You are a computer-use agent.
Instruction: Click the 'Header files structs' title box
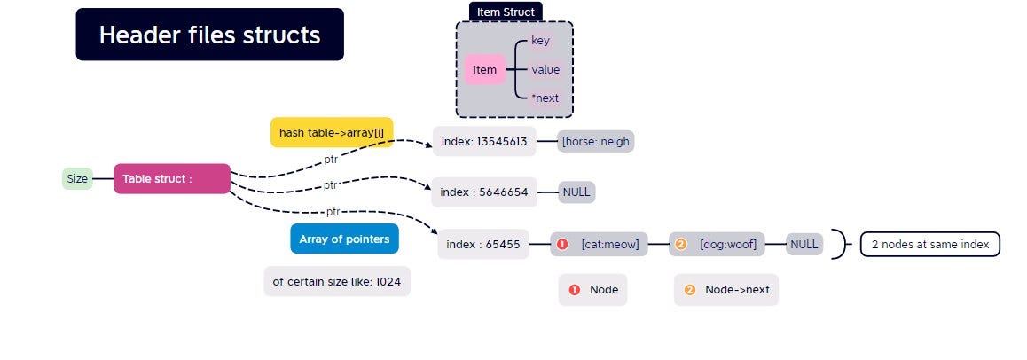209,34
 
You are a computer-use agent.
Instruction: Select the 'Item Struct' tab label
506,12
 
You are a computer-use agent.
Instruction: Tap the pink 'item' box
485,69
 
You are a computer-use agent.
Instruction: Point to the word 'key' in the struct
540,41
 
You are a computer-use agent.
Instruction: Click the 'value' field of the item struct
545,69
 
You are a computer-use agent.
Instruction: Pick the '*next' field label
545,98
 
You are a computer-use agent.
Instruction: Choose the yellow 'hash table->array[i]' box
332,132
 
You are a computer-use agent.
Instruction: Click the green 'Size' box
77,179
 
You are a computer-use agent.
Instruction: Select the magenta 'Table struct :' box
172,179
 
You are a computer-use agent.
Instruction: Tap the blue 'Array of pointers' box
344,239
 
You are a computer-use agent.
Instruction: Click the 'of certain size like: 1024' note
337,281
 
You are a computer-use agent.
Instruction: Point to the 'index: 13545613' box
484,141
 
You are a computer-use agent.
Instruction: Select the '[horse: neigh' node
596,141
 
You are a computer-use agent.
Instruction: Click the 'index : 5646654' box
484,192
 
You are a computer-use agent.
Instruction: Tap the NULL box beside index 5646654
576,192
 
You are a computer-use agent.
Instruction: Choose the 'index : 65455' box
483,244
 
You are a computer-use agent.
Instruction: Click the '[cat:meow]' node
599,244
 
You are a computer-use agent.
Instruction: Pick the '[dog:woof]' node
717,244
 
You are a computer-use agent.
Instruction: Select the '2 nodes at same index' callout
930,244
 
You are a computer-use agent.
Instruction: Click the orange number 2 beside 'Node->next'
690,289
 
